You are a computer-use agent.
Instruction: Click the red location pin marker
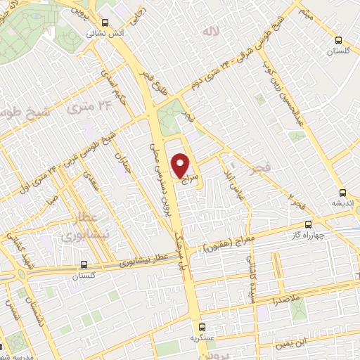(x=181, y=167)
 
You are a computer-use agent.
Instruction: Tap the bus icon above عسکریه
(x=202, y=327)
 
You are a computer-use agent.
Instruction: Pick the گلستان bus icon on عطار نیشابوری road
(x=84, y=265)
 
